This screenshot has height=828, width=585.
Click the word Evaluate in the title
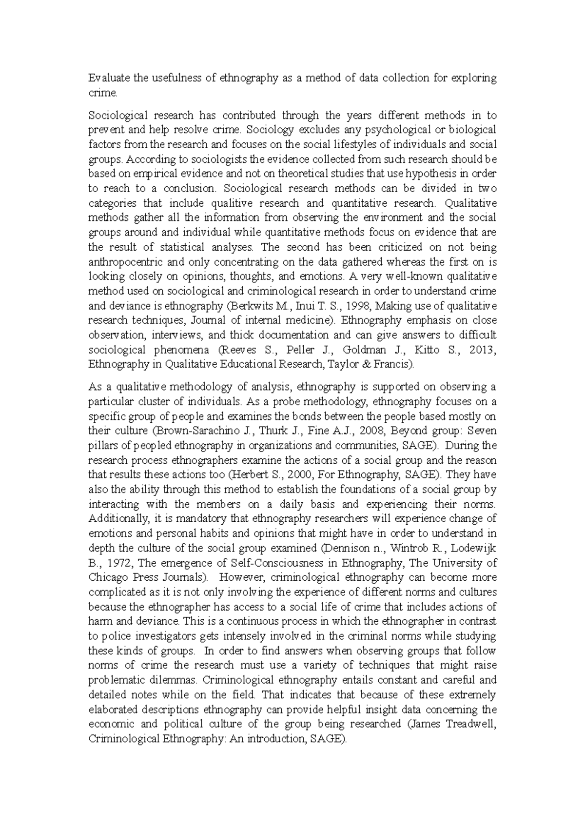[x=105, y=78]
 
